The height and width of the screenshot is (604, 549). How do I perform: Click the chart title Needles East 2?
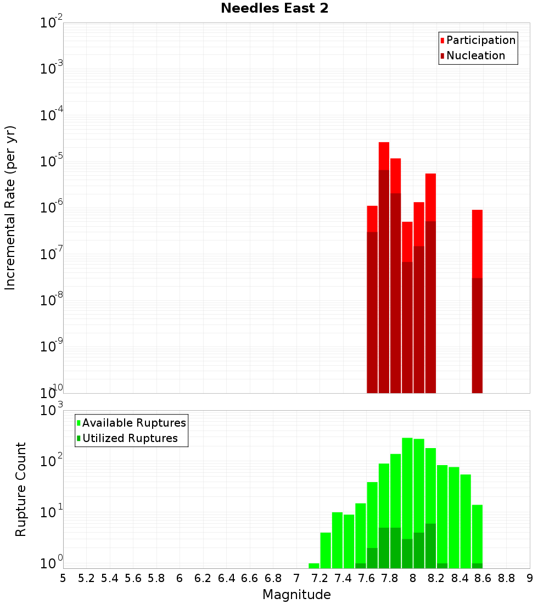(x=274, y=9)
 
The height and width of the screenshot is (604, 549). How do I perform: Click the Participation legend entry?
(x=480, y=40)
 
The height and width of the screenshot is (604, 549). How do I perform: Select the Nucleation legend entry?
(x=475, y=55)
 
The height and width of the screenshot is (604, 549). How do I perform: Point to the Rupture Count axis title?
(x=21, y=489)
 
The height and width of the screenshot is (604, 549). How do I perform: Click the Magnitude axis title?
(x=296, y=595)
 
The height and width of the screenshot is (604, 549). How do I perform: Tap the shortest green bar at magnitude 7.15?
(x=314, y=566)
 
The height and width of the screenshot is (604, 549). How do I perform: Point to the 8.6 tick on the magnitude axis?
(x=483, y=578)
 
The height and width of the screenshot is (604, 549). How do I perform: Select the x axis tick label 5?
(x=63, y=578)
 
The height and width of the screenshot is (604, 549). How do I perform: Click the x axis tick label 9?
(x=530, y=578)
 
